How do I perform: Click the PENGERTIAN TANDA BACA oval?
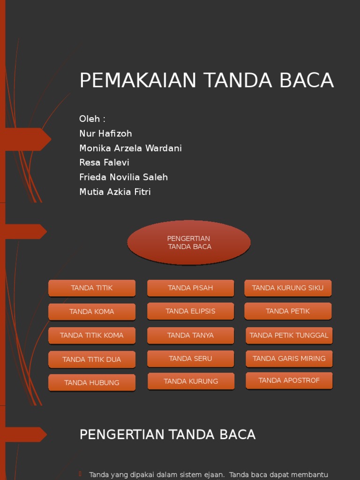[189, 242]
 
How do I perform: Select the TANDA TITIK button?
[92, 288]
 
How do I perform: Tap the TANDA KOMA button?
[92, 312]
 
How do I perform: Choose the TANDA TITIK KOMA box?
[92, 335]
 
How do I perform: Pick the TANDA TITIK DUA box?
[92, 360]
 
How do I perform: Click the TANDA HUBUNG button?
[92, 382]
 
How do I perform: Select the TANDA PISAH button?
[190, 288]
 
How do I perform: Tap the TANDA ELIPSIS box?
[190, 311]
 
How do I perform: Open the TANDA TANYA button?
[190, 335]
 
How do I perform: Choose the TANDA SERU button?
[190, 359]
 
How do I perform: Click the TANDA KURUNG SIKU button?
[288, 288]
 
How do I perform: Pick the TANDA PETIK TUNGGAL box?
[289, 335]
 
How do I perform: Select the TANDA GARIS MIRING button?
[289, 359]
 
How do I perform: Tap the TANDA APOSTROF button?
[289, 381]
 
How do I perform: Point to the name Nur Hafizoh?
[105, 134]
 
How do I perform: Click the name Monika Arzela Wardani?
[130, 148]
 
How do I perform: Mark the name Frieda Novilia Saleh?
[123, 177]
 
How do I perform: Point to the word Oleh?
[90, 119]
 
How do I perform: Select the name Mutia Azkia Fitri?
[115, 192]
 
